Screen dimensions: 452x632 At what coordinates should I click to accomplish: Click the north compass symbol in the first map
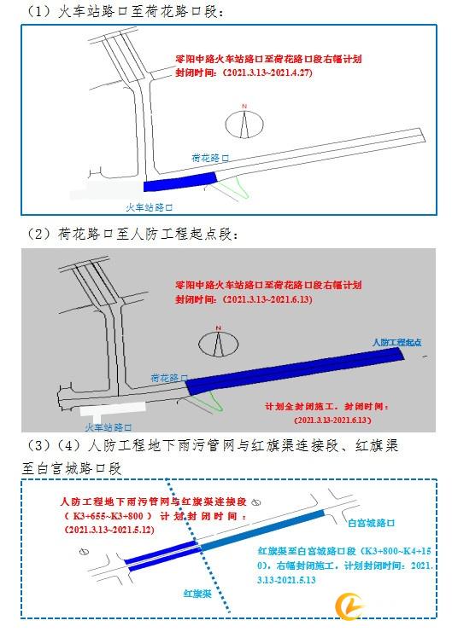pyautogui.click(x=244, y=122)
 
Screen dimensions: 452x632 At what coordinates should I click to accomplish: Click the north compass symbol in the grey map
pyautogui.click(x=219, y=342)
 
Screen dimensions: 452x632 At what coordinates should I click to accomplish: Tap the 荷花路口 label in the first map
pyautogui.click(x=210, y=158)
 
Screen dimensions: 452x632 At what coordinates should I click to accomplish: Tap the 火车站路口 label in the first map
pyautogui.click(x=149, y=207)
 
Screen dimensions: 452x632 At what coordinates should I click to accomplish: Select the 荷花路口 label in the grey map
pyautogui.click(x=169, y=378)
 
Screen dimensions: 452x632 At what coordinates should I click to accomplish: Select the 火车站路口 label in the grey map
pyautogui.click(x=109, y=427)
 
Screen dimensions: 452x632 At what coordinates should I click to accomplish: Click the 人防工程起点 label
pyautogui.click(x=396, y=342)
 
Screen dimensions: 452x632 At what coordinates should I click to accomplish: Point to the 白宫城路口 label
pyautogui.click(x=371, y=523)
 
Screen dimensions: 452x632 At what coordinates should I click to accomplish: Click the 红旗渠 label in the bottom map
pyautogui.click(x=197, y=594)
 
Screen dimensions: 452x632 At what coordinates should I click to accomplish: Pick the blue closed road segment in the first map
pyautogui.click(x=180, y=182)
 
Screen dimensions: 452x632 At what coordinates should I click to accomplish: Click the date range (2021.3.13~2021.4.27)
pyautogui.click(x=267, y=72)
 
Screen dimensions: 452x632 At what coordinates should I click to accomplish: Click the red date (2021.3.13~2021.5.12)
pyautogui.click(x=109, y=529)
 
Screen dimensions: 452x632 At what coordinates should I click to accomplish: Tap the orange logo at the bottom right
pyautogui.click(x=349, y=606)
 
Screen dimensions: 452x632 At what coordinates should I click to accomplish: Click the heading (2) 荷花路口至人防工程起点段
pyautogui.click(x=132, y=234)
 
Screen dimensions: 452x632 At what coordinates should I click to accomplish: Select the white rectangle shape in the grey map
pyautogui.click(x=112, y=410)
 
